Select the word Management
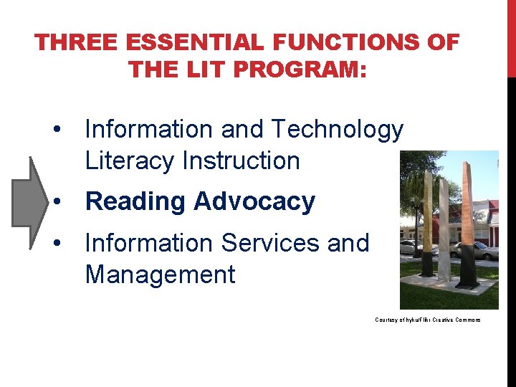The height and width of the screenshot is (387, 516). [160, 274]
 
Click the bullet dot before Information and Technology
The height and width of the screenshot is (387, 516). [56, 130]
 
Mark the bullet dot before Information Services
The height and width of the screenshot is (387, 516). [56, 244]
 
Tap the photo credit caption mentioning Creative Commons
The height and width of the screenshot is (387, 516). [427, 320]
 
